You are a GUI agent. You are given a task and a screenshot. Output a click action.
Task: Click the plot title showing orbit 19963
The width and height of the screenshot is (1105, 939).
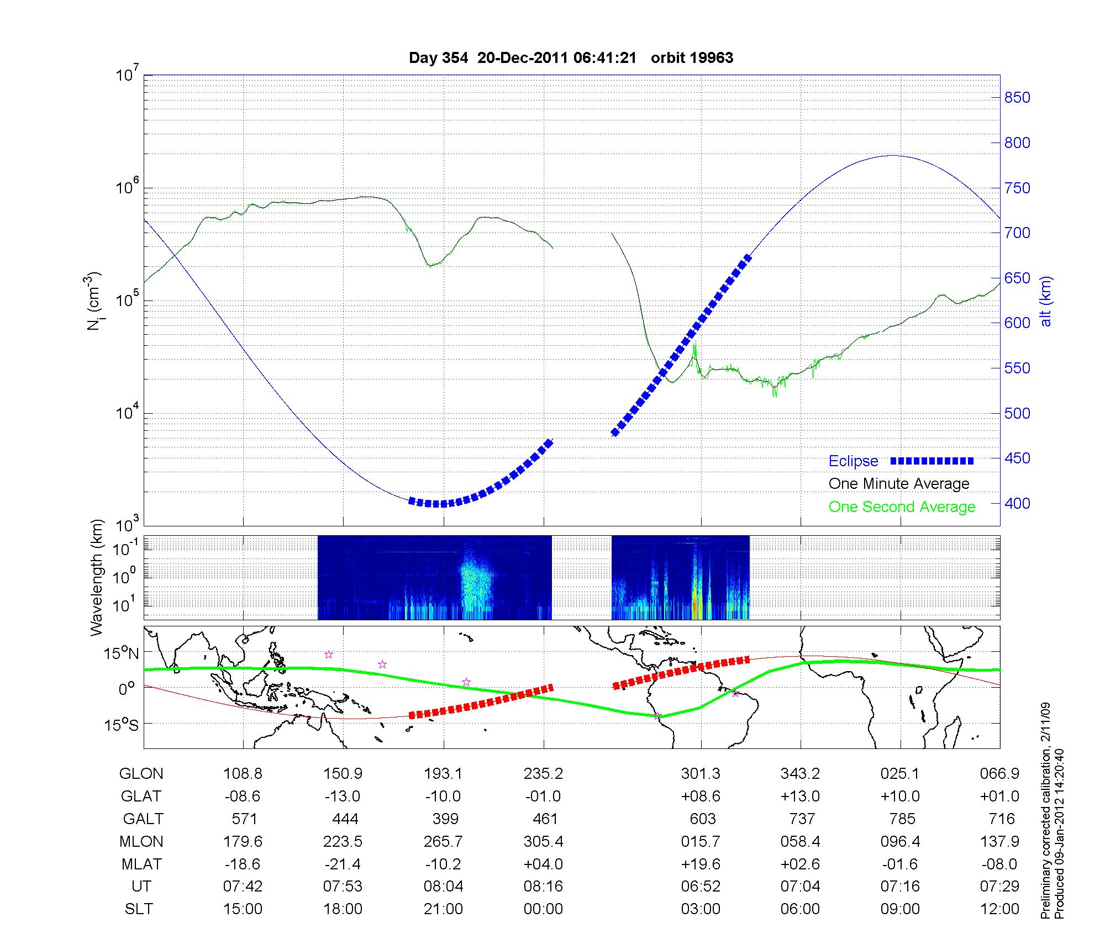pyautogui.click(x=571, y=58)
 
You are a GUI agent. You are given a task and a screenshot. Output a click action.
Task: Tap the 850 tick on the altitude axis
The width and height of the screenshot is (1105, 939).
pyautogui.click(x=1017, y=98)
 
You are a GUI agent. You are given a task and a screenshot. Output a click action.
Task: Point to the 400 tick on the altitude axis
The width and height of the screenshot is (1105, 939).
pyautogui.click(x=1017, y=503)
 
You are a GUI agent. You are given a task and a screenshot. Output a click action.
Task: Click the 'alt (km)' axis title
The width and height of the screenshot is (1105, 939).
pyautogui.click(x=1045, y=301)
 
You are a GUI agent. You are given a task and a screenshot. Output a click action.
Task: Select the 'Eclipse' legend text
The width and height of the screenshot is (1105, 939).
pyautogui.click(x=853, y=461)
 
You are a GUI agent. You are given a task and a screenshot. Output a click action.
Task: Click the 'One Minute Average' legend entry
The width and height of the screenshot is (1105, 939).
pyautogui.click(x=899, y=484)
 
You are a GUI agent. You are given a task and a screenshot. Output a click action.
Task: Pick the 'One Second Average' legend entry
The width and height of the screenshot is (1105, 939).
pyautogui.click(x=902, y=507)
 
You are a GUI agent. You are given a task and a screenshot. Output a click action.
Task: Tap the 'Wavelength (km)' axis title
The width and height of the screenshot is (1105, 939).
pyautogui.click(x=97, y=577)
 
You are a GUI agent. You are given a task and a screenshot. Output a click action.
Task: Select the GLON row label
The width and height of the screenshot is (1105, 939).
pyautogui.click(x=141, y=773)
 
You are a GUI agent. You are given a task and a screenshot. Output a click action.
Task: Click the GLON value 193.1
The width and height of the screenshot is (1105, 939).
pyautogui.click(x=443, y=773)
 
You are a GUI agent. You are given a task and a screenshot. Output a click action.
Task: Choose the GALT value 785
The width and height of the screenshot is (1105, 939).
pyautogui.click(x=902, y=819)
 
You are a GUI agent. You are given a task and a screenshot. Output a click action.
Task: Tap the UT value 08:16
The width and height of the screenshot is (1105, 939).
pyautogui.click(x=544, y=887)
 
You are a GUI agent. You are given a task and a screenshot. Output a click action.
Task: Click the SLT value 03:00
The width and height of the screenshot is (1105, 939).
pyautogui.click(x=701, y=909)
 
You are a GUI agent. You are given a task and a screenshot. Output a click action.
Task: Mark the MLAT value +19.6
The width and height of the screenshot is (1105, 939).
pyautogui.click(x=701, y=864)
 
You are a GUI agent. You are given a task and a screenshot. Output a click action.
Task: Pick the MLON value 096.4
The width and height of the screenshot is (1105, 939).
pyautogui.click(x=901, y=841)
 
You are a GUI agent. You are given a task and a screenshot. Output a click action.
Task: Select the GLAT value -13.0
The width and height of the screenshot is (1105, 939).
pyautogui.click(x=343, y=796)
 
